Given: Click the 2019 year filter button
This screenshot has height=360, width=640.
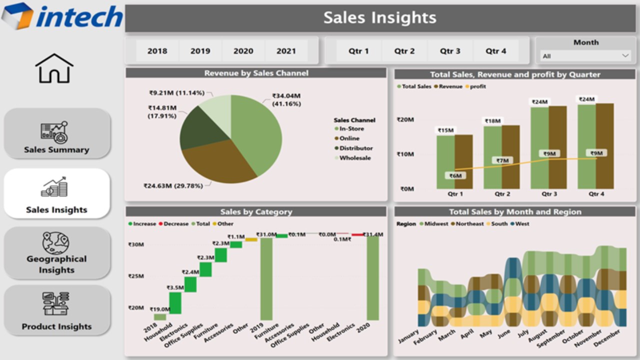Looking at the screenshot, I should coord(200,51).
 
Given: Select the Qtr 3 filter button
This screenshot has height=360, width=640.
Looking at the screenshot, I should coord(450,51).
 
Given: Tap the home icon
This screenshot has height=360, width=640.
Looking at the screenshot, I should coord(54,68).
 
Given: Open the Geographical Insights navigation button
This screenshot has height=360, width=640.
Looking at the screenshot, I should coord(57,253).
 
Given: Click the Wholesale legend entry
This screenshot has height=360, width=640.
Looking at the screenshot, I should coord(354,158).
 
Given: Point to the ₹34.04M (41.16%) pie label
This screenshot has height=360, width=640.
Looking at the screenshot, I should coord(286,99).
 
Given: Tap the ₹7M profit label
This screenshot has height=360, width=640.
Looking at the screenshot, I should coord(502,160).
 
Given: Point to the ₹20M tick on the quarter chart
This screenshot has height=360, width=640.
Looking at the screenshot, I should coord(405,120).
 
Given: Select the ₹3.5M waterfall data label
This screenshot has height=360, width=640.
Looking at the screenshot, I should coord(175,287).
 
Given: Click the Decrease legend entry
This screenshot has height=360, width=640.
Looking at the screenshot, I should coord(175,224).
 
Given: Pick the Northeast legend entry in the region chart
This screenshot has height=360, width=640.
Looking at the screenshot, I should coord(469,224).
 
